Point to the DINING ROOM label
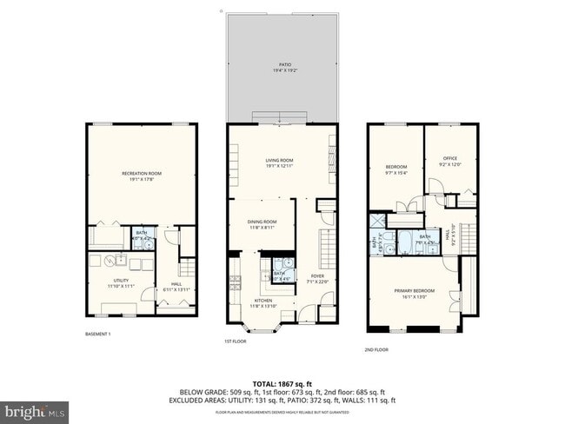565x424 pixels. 262,224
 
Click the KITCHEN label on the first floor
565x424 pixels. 262,303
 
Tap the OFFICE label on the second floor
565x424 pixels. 450,161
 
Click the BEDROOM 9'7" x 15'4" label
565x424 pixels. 395,169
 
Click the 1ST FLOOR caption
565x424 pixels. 236,341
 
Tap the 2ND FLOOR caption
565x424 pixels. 377,349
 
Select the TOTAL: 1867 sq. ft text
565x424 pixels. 282,383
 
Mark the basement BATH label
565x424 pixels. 141,235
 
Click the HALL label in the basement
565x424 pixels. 176,288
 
